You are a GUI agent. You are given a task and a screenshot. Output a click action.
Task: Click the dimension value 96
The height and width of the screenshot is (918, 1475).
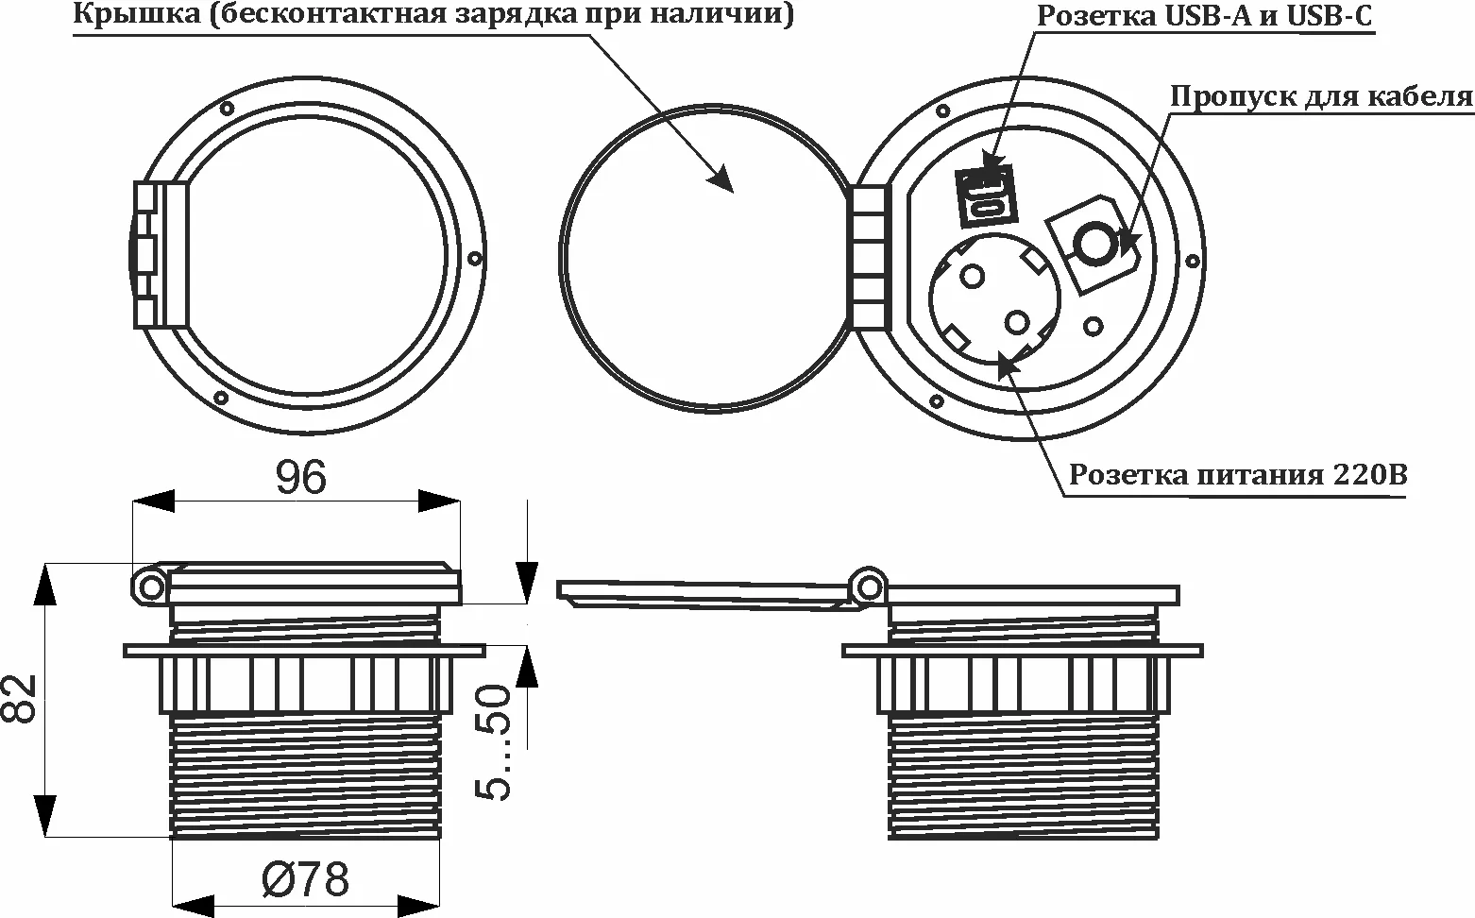(300, 478)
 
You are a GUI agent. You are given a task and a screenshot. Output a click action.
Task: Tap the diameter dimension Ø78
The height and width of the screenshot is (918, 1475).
(305, 880)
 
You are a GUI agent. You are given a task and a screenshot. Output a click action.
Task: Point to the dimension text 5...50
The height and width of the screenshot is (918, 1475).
(494, 742)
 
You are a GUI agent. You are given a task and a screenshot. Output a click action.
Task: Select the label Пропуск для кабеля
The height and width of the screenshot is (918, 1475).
(1321, 96)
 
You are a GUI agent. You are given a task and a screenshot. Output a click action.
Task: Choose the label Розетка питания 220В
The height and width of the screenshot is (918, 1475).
(1237, 474)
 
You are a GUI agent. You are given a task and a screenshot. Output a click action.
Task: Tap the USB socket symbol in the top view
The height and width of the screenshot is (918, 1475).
(986, 196)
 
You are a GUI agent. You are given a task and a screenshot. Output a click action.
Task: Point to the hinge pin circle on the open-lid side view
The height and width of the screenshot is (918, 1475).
(866, 586)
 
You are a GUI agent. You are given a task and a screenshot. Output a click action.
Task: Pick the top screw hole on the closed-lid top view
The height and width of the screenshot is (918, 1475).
(227, 108)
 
